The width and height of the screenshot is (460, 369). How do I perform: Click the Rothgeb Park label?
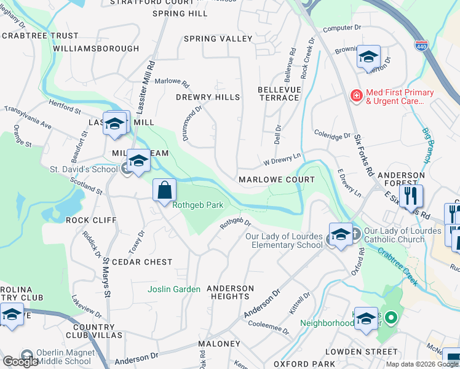click(197, 205)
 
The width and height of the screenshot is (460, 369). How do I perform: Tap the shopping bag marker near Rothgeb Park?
click(165, 190)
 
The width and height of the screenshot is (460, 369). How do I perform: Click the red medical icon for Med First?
click(355, 95)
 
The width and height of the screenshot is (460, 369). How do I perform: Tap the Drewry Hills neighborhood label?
click(208, 97)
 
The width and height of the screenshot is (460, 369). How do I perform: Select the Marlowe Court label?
click(277, 180)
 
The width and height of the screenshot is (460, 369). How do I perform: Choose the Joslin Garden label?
click(174, 289)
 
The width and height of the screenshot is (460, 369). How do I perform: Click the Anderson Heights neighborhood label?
click(230, 292)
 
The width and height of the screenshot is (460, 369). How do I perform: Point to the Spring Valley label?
click(218, 39)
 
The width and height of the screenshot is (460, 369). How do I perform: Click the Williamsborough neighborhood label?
click(96, 48)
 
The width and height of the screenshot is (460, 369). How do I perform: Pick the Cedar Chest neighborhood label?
click(142, 262)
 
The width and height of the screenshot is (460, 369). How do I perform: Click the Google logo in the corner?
click(20, 362)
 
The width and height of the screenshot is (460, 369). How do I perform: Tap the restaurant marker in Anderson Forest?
click(411, 197)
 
